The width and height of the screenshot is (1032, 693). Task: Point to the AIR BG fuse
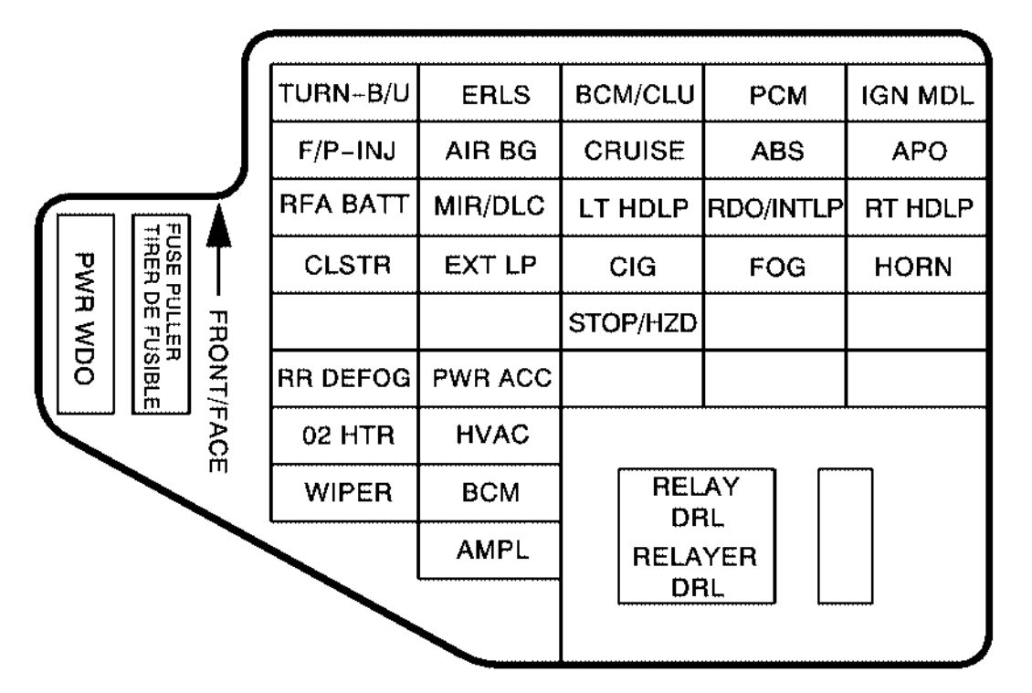tap(490, 150)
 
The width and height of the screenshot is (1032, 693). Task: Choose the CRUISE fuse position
tap(633, 150)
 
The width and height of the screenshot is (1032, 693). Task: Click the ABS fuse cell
tap(775, 150)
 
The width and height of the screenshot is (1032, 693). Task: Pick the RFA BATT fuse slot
tap(344, 207)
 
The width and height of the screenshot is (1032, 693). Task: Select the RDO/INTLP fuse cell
tap(775, 207)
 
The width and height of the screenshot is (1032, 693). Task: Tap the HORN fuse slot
tap(917, 266)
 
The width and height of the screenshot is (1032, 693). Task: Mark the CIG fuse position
tap(633, 266)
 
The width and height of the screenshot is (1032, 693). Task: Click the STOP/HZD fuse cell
tap(633, 322)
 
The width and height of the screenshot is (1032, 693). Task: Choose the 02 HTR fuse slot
tap(344, 436)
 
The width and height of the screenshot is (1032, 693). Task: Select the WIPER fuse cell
tap(344, 493)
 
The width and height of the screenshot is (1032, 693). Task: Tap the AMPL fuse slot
tap(490, 551)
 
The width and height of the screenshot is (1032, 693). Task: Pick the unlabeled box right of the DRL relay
tap(845, 536)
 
